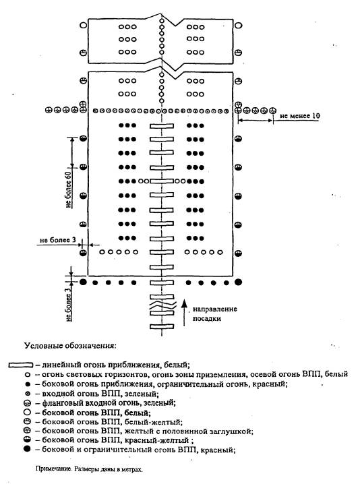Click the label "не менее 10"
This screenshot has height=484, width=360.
coord(300,116)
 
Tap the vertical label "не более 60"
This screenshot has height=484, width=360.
coord(69,189)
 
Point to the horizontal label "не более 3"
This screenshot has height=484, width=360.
coord(58,240)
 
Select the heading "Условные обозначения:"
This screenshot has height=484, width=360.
coord(70,345)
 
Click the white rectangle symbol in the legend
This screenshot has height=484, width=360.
coord(21,365)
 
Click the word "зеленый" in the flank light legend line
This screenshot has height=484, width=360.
coord(161,402)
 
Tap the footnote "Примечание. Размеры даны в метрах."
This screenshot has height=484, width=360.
coord(89,469)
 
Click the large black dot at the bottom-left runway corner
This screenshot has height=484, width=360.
coord(83,282)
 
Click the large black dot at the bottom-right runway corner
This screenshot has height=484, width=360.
coord(238,282)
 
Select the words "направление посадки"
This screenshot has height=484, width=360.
coord(214,313)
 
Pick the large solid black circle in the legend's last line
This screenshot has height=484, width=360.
coord(28,449)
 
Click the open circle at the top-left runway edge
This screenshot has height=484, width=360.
coord(84,25)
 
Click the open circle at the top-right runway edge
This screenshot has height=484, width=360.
coord(238,25)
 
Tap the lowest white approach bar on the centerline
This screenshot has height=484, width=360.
coord(162,326)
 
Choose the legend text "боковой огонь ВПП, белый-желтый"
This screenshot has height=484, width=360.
coord(112,421)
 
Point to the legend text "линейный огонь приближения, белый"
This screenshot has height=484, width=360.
coord(115,365)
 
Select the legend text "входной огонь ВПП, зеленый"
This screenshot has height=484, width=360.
coord(100,394)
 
